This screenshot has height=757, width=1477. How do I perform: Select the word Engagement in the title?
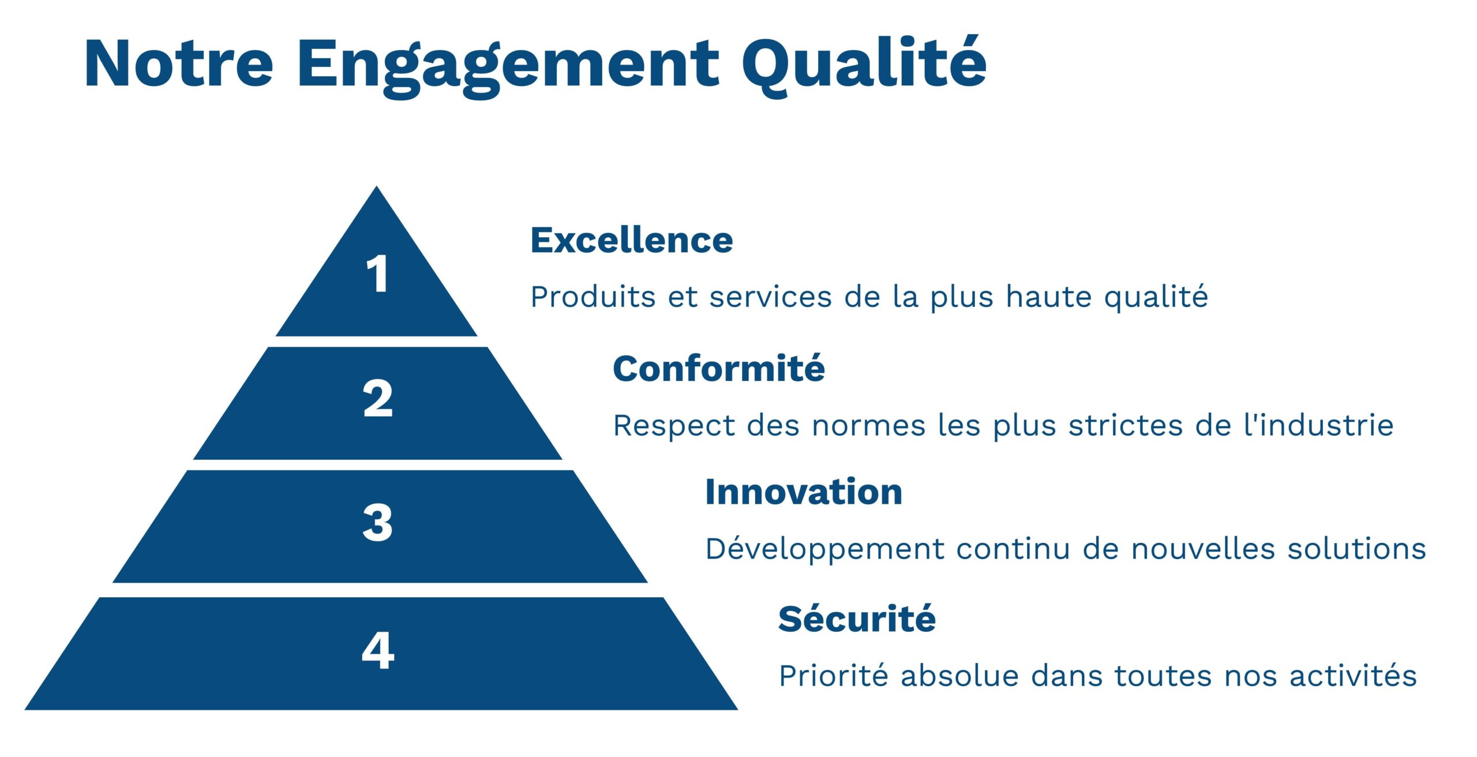(508, 68)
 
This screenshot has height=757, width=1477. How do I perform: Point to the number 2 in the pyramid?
(378, 398)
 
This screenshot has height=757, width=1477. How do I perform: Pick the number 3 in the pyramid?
(378, 523)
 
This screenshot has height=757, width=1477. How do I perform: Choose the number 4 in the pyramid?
(378, 650)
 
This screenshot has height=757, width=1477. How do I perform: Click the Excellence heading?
(632, 240)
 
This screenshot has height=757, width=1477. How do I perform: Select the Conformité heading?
(719, 368)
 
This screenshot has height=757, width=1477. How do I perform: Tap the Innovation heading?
(804, 492)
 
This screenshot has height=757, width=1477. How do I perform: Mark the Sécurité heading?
(857, 619)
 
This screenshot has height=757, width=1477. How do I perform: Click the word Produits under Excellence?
(593, 297)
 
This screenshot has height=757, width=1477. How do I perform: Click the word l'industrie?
(1319, 425)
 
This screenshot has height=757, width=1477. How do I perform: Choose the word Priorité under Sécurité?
(834, 676)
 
